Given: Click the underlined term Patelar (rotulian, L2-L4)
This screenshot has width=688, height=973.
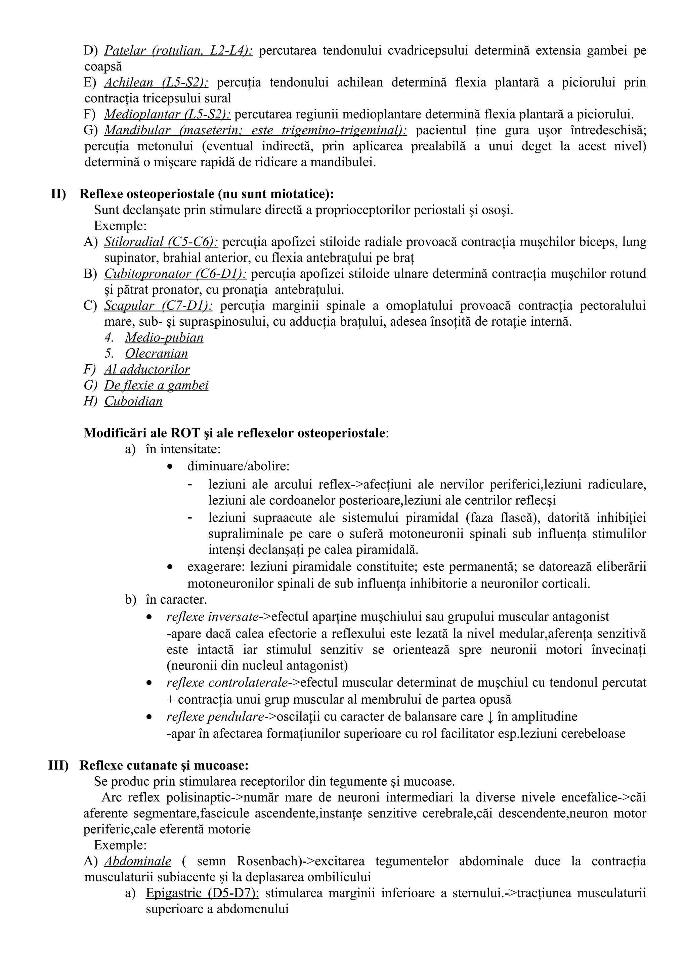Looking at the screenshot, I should pos(178,51).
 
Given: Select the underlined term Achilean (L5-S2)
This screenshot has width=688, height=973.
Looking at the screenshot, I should pos(156,83).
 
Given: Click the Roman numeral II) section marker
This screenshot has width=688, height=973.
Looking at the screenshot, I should pos(58,194).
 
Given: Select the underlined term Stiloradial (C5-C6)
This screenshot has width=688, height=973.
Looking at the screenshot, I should pos(161,242).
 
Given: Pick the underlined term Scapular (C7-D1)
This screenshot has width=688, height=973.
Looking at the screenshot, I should pos(158,306).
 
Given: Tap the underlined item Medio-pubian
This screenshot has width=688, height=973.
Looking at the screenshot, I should pos(164,338).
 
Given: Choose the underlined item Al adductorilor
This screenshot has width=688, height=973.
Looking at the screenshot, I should pos(147,370).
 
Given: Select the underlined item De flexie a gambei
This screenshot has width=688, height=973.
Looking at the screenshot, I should pos(156,386).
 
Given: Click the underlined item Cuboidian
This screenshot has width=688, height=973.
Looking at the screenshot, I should pos(133,401).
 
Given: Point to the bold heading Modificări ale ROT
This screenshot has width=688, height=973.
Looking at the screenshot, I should pos(235,433).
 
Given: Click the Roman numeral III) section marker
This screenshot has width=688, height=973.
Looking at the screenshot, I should pos(58,766).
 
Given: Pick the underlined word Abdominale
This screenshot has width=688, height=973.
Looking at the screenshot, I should pos(137,861).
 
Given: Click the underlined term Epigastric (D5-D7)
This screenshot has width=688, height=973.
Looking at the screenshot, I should pos(202,893).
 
